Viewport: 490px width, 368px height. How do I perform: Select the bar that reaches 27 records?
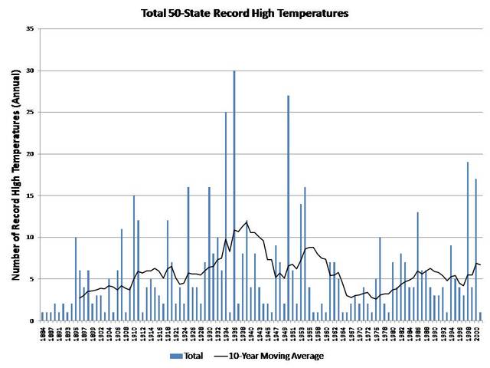click(x=288, y=207)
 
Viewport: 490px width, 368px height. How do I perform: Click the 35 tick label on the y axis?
click(x=30, y=29)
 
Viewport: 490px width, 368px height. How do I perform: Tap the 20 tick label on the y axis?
click(x=30, y=154)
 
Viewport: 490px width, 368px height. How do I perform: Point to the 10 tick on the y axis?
click(x=30, y=238)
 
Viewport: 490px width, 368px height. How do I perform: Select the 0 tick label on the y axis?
click(x=32, y=321)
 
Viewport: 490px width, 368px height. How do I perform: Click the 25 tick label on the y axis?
click(x=30, y=113)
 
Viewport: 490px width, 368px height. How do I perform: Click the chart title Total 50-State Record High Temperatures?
click(x=245, y=13)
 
